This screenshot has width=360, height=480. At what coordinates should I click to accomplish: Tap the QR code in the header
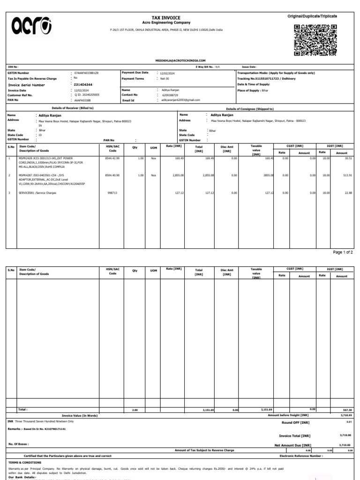tap(311, 40)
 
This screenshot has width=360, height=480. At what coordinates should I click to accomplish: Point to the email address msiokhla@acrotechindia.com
tap(180, 61)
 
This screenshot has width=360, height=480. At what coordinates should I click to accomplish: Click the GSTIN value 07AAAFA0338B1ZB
tap(86, 73)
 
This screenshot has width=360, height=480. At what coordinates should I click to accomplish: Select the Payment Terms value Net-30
tap(164, 78)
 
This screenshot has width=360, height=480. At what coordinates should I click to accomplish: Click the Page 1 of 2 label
tap(343, 252)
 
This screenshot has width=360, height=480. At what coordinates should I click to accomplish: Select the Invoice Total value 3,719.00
tap(345, 435)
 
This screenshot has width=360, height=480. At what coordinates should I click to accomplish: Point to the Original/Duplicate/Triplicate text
tap(312, 16)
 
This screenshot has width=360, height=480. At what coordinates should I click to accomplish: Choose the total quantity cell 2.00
tap(135, 410)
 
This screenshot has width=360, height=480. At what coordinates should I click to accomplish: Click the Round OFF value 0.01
tap(348, 422)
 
